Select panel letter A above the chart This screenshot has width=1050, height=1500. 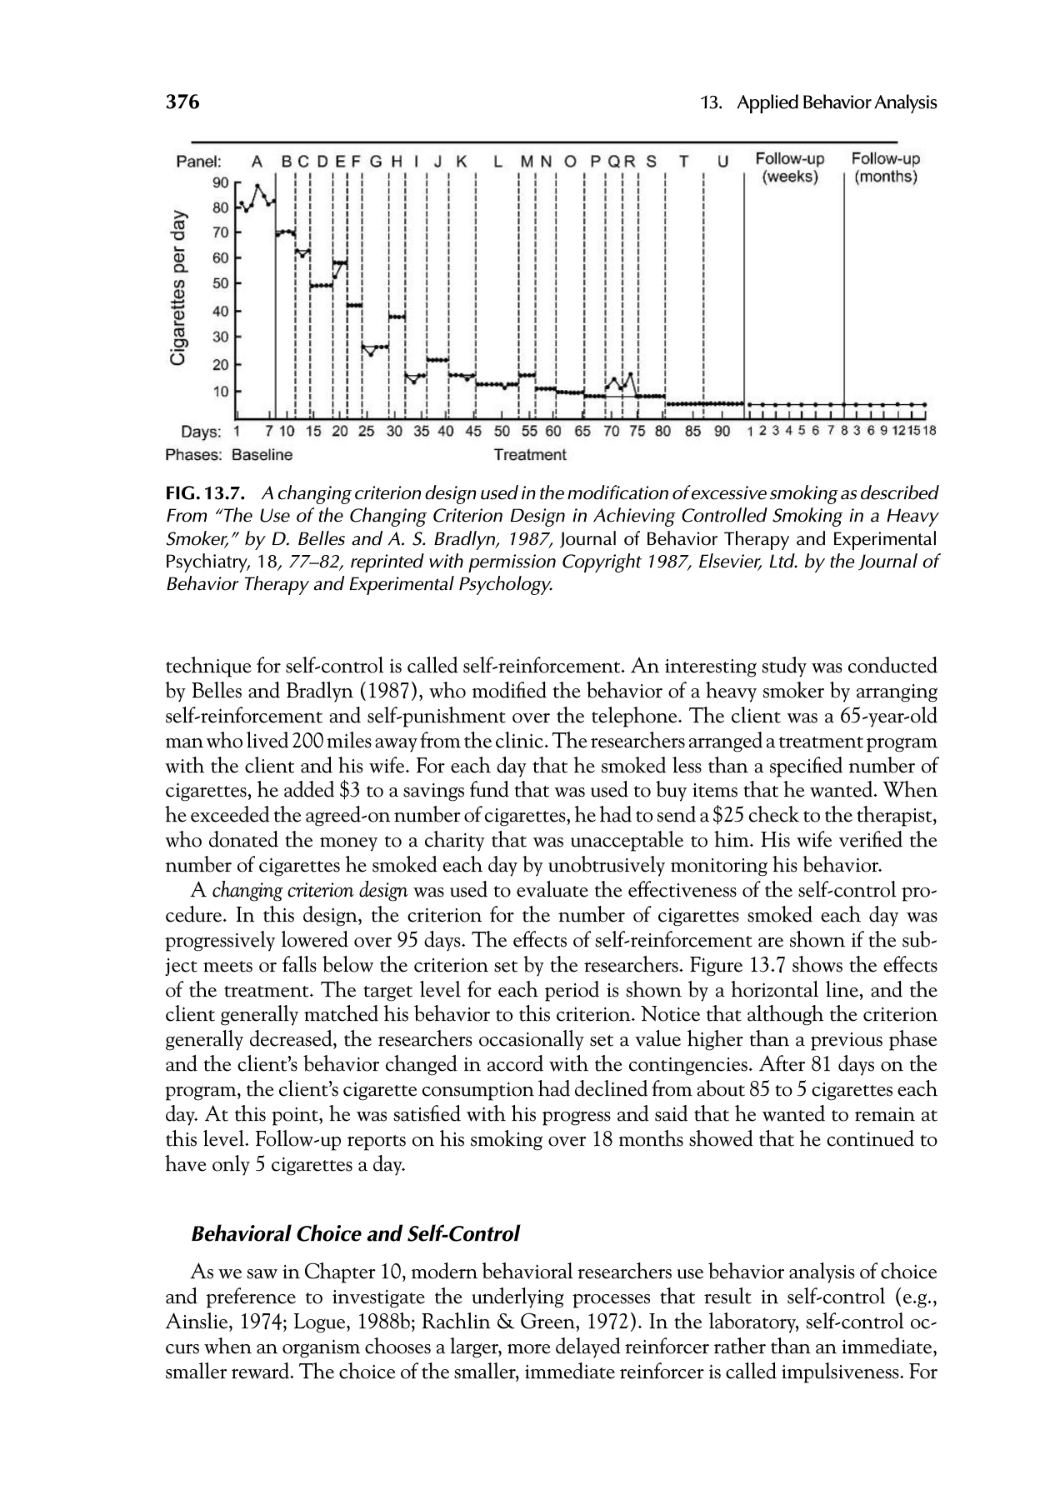(257, 161)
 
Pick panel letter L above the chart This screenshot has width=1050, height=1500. (497, 161)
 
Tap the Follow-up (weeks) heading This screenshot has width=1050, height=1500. (789, 167)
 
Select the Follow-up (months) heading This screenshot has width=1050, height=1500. (886, 167)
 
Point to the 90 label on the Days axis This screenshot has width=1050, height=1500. (722, 432)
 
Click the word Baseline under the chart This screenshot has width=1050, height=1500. (262, 455)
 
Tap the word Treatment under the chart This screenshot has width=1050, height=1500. (530, 455)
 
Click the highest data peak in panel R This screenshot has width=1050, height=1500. (630, 373)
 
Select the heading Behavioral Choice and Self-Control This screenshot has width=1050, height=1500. (356, 1233)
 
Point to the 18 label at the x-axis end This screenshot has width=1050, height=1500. (930, 432)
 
